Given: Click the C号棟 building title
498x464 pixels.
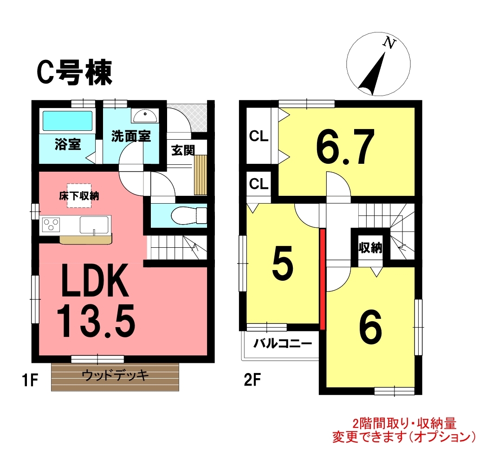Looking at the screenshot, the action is pos(75,72).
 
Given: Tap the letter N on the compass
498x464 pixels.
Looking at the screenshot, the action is pos(389,43).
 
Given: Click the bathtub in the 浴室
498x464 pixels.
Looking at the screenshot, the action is pos(67,121).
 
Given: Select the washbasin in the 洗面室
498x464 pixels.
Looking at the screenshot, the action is pos(144,116).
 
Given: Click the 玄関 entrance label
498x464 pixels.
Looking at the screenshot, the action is pos(183,150).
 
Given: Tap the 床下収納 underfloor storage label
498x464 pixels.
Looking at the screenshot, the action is pos(79,196).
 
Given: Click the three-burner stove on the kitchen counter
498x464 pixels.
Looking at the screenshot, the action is pos(51,225).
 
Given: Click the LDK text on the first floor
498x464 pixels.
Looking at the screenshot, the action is pos(95,280).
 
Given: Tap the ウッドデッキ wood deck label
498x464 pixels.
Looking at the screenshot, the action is pos(115,375).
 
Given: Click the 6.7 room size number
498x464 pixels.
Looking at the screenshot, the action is pos(345,147).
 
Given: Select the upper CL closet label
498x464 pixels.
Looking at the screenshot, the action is pos(259,136).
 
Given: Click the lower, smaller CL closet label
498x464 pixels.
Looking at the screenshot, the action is pos(259,184).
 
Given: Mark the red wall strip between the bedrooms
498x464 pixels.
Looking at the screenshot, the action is pos(323,279).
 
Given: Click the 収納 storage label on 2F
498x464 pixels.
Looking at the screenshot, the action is pos(370,248).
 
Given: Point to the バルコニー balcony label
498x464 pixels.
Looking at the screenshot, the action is pos(283,343).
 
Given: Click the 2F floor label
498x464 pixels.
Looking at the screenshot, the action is pos(252,380).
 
